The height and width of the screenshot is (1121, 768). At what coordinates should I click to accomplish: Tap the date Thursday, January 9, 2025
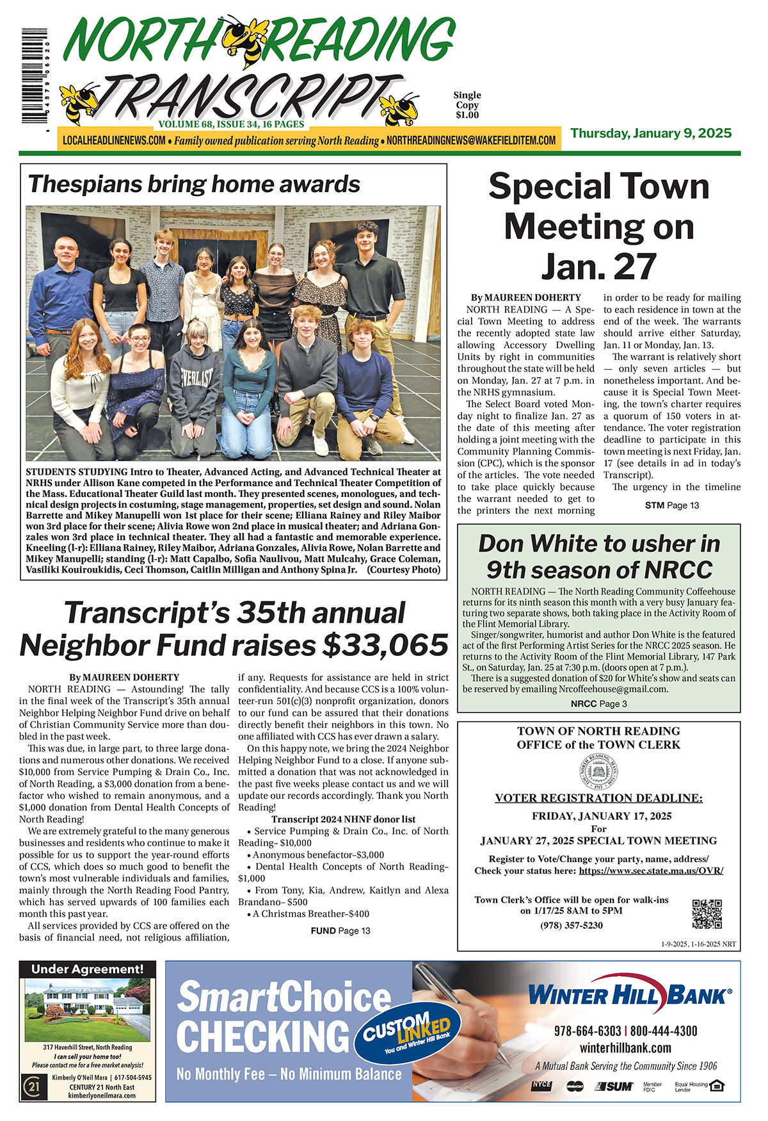pos(651,133)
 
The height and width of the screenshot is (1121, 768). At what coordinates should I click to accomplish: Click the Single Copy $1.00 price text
pos(467,105)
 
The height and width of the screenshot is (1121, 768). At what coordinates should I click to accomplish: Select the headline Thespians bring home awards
pos(194,184)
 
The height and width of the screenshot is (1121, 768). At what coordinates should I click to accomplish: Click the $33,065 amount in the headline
pos(385,645)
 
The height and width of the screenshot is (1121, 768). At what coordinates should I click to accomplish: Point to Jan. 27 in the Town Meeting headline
pos(599,266)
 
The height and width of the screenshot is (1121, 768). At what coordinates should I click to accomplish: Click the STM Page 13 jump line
pos(672,505)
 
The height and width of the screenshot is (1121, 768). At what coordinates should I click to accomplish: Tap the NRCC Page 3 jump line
pos(598,703)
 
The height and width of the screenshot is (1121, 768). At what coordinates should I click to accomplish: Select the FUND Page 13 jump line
pos(340,931)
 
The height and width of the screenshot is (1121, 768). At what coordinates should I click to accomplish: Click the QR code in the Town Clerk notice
pos(707,913)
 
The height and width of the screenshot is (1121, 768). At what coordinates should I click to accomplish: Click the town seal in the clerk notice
pos(598,773)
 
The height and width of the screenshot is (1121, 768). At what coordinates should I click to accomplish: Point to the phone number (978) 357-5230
pos(572,925)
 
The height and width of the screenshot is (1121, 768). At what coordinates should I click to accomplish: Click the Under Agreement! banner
pos(88,969)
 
